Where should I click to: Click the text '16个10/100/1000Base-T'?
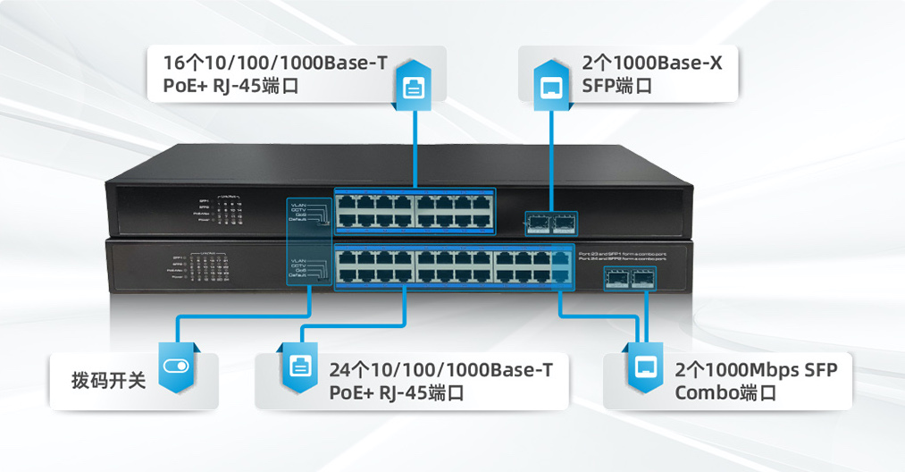click(x=275, y=63)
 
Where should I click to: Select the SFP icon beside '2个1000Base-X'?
click(x=551, y=88)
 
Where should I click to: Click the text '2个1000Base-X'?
click(x=651, y=63)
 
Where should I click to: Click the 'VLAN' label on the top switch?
click(x=298, y=204)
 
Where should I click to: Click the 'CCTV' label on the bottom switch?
click(x=298, y=265)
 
